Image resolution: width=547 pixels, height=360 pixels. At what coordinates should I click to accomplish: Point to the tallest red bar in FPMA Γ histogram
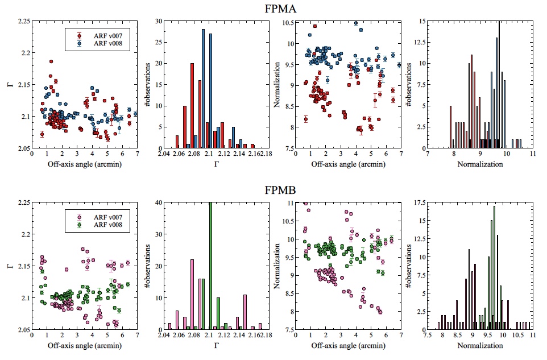[192, 105]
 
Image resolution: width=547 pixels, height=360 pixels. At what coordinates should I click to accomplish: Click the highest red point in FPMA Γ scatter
[51, 61]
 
